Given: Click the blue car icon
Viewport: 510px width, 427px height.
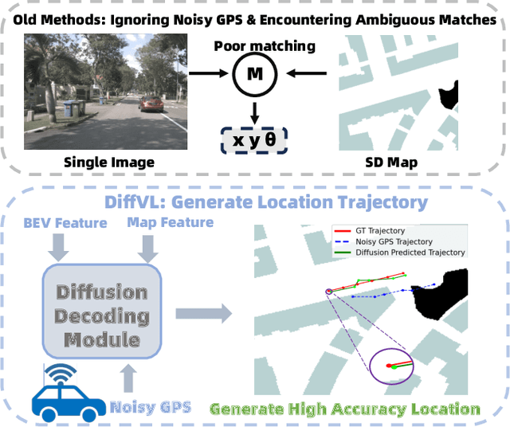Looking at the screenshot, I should click(x=66, y=393).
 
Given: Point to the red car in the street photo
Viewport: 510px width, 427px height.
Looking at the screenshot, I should click(x=151, y=104).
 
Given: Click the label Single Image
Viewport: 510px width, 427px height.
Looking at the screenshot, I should click(x=109, y=163).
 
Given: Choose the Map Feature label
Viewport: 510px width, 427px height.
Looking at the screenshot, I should click(x=170, y=223).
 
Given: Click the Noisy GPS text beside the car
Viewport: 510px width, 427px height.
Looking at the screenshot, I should click(x=151, y=407).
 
